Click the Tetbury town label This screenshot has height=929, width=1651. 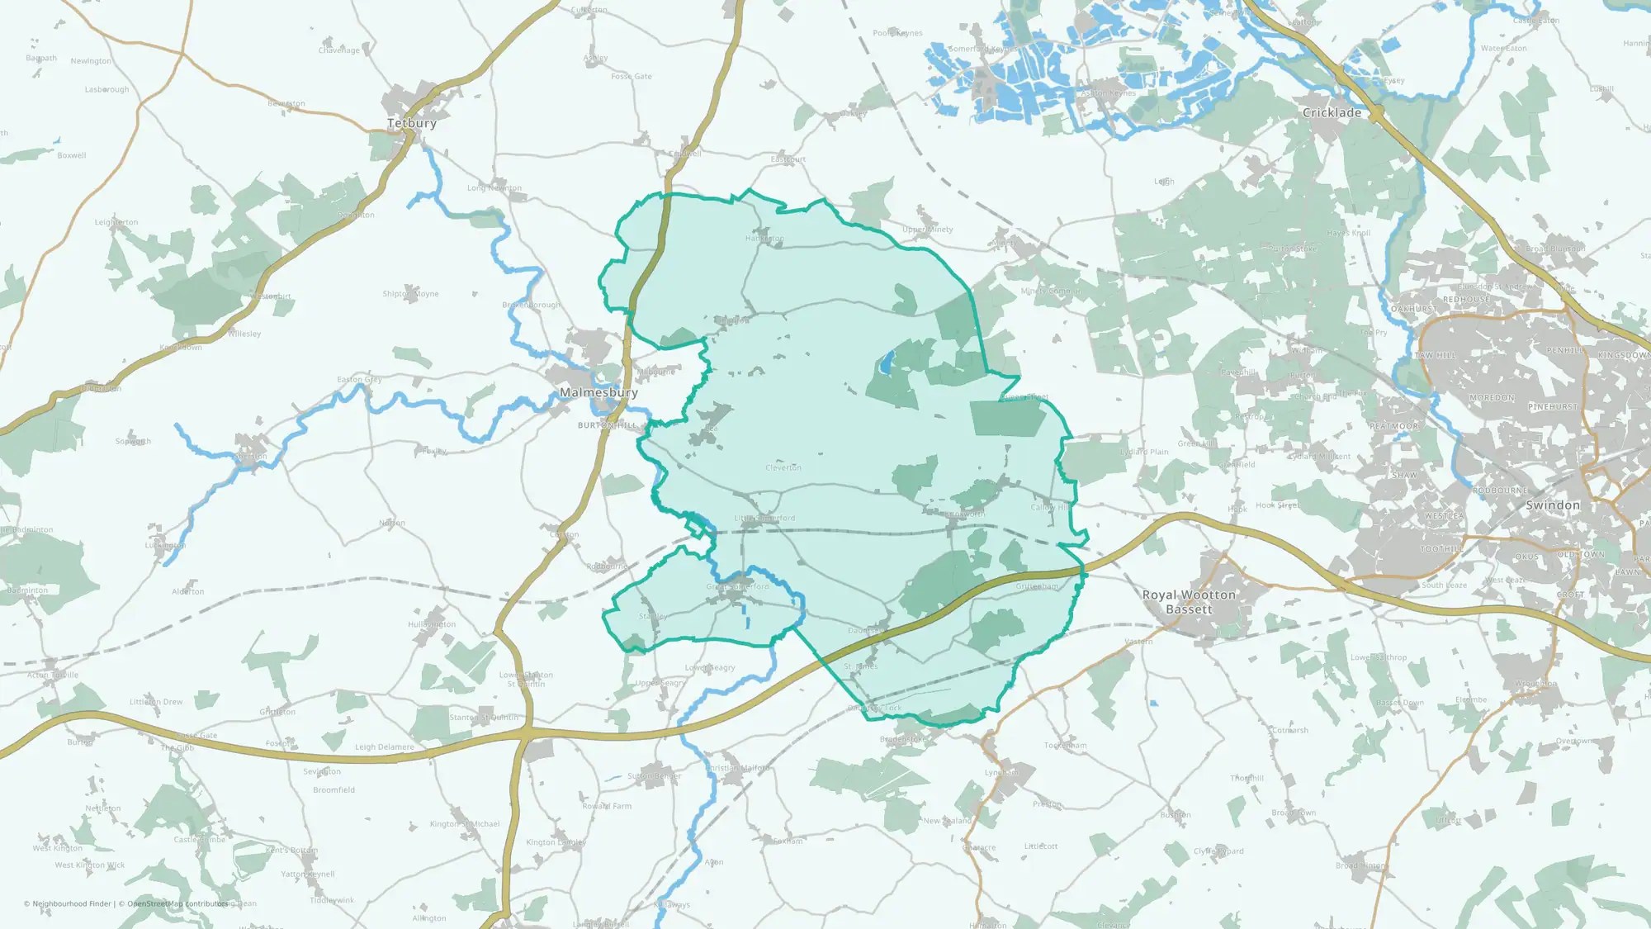pos(412,123)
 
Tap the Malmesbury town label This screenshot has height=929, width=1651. pos(598,392)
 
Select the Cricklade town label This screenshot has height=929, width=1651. pos(1332,112)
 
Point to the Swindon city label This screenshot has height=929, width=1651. pos(1553,505)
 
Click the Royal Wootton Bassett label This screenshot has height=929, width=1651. pos(1189,602)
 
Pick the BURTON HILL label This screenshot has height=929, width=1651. pos(608,425)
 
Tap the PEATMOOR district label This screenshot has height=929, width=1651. pos(1393,426)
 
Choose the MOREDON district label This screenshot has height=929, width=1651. pos(1492,398)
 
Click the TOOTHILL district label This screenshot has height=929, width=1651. pos(1442,549)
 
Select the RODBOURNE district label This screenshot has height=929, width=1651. pos(1501,491)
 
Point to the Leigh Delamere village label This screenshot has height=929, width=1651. pos(385,747)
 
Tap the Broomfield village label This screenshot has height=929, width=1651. pos(334,790)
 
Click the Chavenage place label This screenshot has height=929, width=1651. pos(339,50)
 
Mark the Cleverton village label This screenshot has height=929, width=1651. pos(783,467)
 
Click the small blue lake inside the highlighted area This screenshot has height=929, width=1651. pos(886,362)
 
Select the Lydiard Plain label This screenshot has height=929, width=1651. pos(1144,452)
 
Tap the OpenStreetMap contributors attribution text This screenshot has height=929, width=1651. pos(177,903)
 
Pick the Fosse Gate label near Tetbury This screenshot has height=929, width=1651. pos(632,76)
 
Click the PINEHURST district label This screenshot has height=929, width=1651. pos(1553,407)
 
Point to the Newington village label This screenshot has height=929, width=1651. pos(91,61)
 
